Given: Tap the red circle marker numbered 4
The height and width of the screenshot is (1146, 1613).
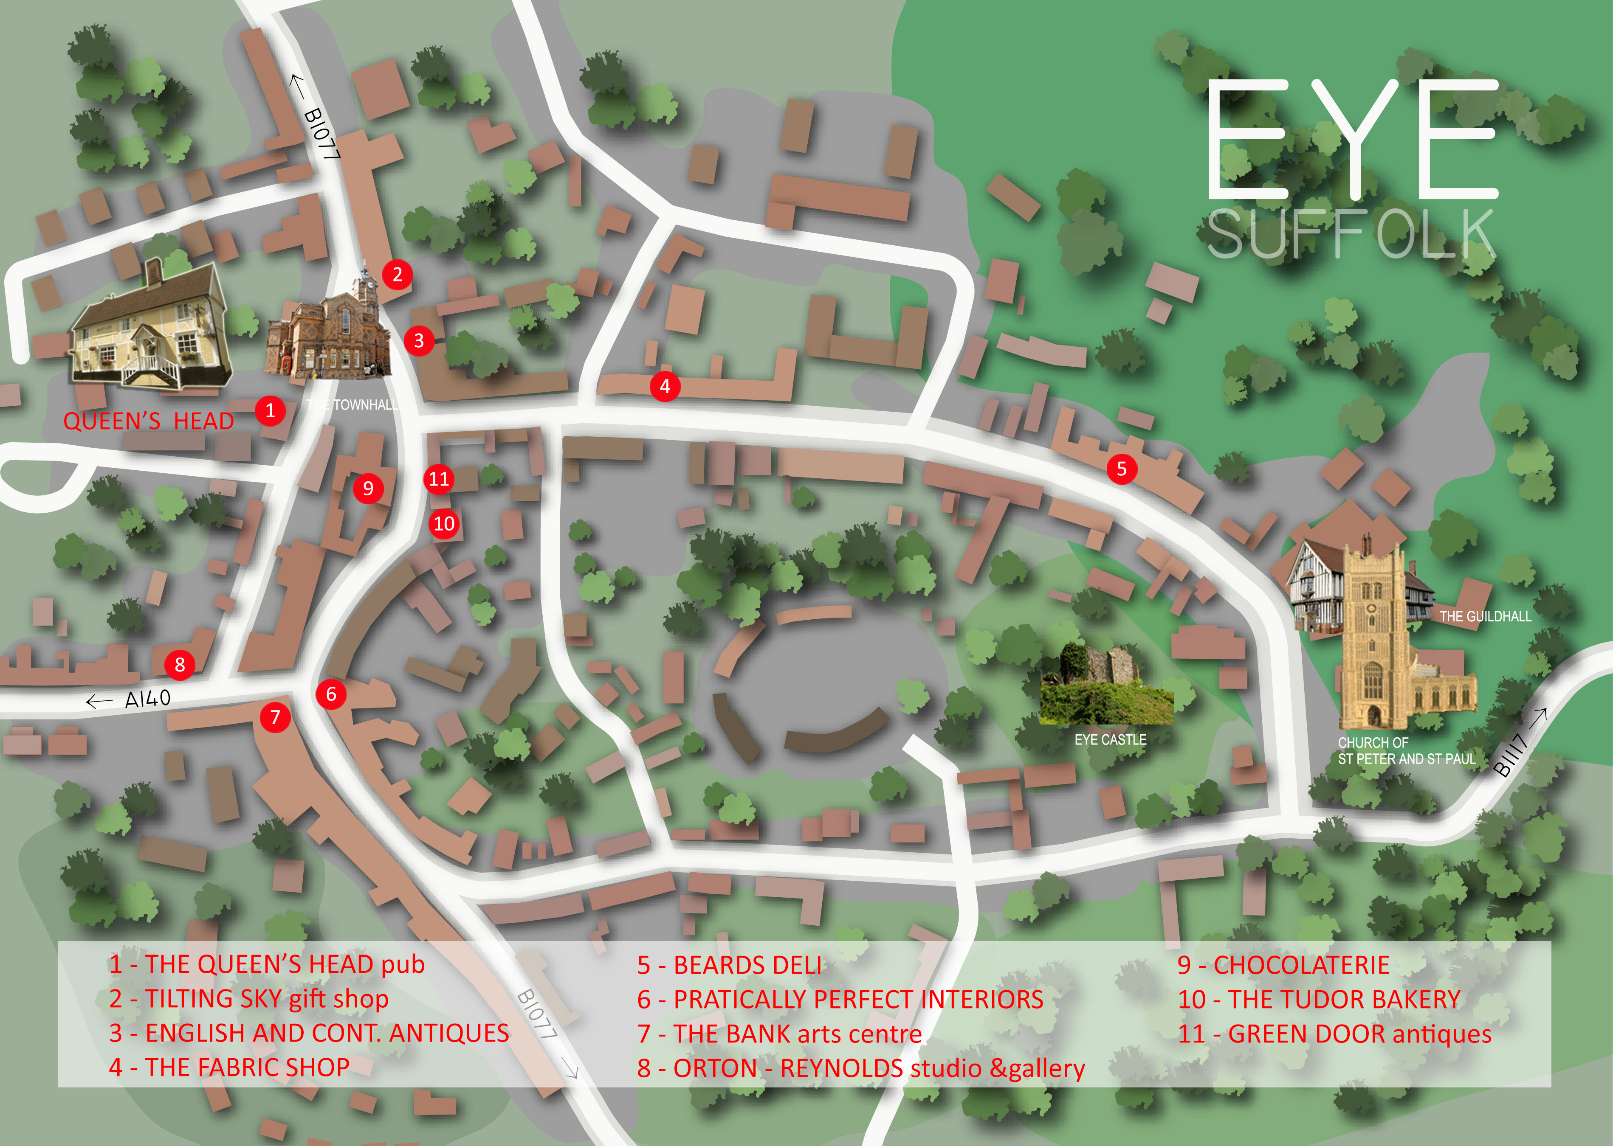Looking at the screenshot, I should (664, 386).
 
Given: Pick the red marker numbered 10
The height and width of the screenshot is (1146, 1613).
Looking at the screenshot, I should (444, 524).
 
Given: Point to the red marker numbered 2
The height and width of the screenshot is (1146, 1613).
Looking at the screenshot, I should (398, 275).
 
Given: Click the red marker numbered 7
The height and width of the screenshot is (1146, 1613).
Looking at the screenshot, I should (275, 718).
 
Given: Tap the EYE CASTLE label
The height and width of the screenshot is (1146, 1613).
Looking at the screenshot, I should (1110, 739).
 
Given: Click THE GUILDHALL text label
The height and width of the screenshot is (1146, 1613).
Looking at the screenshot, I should (1485, 616).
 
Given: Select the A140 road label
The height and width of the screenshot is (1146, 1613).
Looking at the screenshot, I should (147, 699).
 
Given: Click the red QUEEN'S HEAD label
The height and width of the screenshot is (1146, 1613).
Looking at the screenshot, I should (148, 421).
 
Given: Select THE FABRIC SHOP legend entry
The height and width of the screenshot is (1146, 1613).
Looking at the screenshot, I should (229, 1067).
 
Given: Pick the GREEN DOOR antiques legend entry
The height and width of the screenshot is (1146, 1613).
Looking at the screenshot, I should (1334, 1034).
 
